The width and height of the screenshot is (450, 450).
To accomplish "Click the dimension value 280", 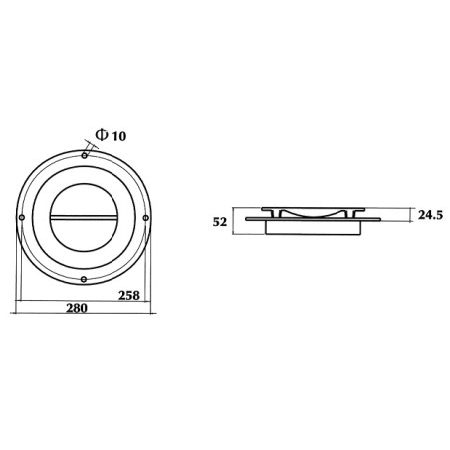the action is click(x=77, y=308).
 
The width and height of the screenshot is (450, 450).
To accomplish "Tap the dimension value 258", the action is click(x=129, y=295).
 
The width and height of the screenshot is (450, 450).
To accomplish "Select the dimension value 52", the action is click(x=220, y=222).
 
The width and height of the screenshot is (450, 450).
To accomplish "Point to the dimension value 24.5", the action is click(x=430, y=215).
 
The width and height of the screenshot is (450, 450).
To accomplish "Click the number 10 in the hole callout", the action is click(x=118, y=136).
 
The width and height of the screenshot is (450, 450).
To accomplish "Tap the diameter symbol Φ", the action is click(x=102, y=135).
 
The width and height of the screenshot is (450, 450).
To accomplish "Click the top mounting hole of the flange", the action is click(x=85, y=155).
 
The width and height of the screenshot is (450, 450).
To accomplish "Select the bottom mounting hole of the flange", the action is click(x=84, y=279).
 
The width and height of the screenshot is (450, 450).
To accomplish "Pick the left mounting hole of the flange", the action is click(x=22, y=218).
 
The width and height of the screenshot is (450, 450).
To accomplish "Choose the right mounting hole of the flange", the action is click(x=146, y=218).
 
